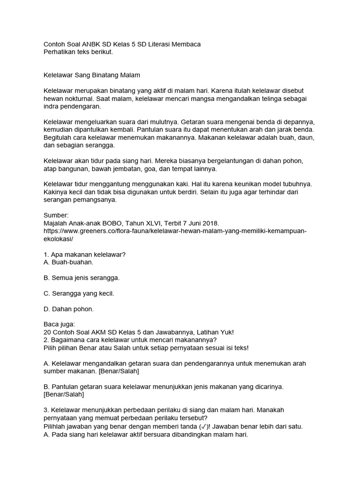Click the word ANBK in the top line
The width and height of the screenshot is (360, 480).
88,44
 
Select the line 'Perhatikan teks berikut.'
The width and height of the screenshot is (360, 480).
78,52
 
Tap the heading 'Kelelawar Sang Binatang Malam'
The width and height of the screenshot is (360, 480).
92,75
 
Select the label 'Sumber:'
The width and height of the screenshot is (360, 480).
56,215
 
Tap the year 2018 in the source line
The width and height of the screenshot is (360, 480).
210,223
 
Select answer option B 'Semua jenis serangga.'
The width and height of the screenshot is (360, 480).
82,277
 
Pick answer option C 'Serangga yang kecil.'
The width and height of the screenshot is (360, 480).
79,293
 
